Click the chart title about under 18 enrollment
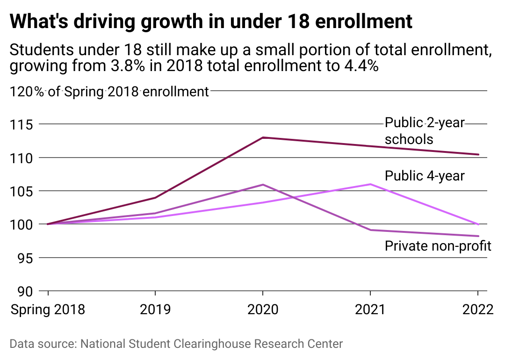click(x=211, y=22)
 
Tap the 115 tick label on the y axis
click(x=22, y=125)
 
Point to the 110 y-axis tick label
click(x=22, y=158)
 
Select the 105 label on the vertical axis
click(x=22, y=191)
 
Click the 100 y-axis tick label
click(x=22, y=224)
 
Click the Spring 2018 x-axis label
click(x=48, y=310)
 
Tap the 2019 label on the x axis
click(x=155, y=310)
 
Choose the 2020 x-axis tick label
click(x=263, y=310)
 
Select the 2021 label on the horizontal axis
click(x=370, y=310)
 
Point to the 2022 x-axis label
click(x=478, y=310)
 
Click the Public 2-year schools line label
click(x=425, y=131)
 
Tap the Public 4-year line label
click(x=425, y=176)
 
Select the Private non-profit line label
click(x=438, y=246)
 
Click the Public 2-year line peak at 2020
click(x=263, y=137)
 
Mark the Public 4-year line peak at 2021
click(x=370, y=184)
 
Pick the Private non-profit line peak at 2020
click(x=263, y=185)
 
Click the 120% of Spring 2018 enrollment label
click(x=109, y=92)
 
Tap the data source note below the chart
click(x=176, y=344)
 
